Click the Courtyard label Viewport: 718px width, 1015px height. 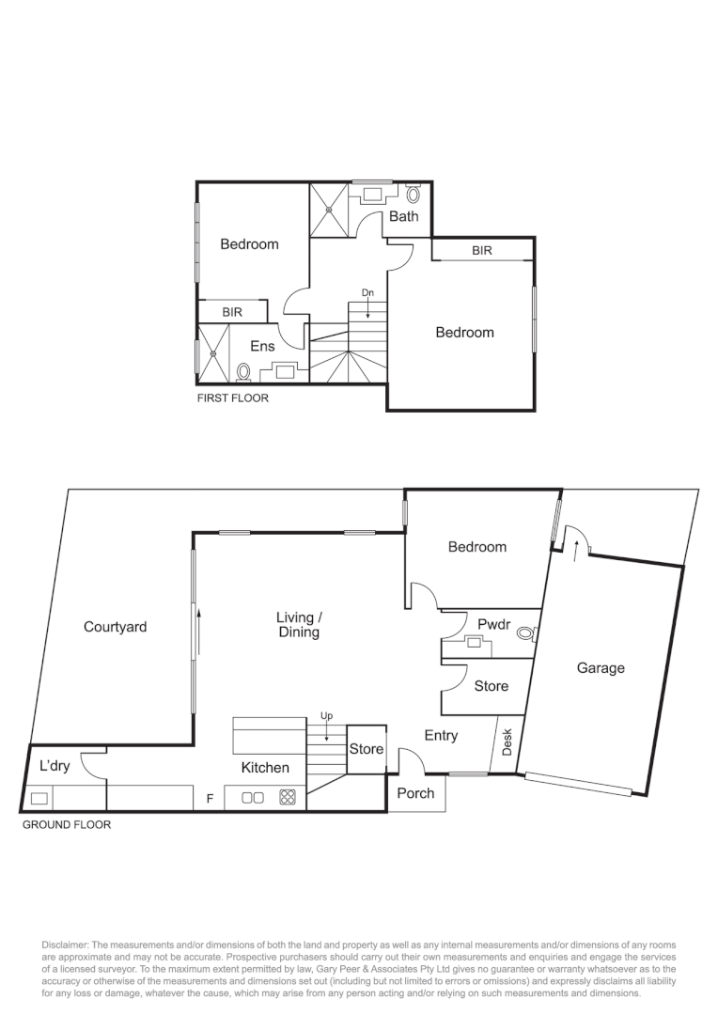point(115,627)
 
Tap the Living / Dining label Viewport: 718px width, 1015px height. point(299,625)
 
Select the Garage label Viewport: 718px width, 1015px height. point(600,668)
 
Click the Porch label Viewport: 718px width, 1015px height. point(415,793)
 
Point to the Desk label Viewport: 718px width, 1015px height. point(507,742)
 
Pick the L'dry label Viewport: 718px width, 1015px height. point(54,766)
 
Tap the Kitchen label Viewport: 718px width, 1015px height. point(265,768)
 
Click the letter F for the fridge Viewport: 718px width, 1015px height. point(211,799)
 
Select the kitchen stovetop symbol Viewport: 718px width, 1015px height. point(288,798)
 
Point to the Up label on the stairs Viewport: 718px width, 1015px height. point(326,716)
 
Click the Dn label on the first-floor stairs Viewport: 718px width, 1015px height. point(368,293)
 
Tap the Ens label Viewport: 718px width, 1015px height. point(262,346)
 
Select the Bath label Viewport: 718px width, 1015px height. point(404,216)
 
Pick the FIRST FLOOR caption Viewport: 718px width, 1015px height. point(232,398)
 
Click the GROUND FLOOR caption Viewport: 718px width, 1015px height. point(66,825)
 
